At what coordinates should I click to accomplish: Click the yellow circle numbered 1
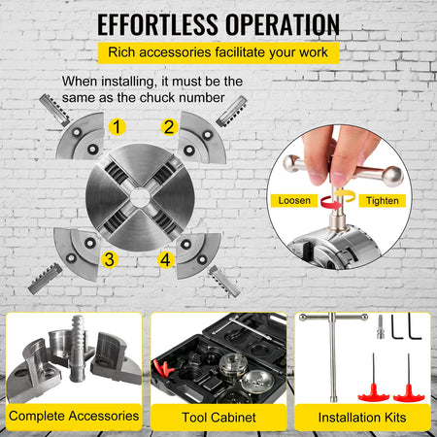point(117,127)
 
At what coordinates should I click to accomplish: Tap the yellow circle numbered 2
point(169,127)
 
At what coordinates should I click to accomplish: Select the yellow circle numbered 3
point(110,259)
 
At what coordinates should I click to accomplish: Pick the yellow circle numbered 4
point(166,260)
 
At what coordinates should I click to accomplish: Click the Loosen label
point(294,201)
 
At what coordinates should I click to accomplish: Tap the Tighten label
point(383,201)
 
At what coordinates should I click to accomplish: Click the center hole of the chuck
point(140,197)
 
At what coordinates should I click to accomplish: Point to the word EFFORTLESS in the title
point(157,24)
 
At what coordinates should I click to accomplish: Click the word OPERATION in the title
point(283,24)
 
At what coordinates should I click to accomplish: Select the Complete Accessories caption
point(74,416)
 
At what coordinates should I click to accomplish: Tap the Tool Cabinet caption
point(218,418)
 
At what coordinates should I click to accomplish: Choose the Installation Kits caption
point(362,418)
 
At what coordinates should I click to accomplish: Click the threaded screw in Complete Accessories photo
point(78,347)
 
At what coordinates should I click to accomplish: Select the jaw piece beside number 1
point(81,136)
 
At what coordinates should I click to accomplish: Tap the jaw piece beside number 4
point(198,255)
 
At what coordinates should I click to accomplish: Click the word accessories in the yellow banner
point(175,52)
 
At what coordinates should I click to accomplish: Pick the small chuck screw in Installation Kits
point(381,327)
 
